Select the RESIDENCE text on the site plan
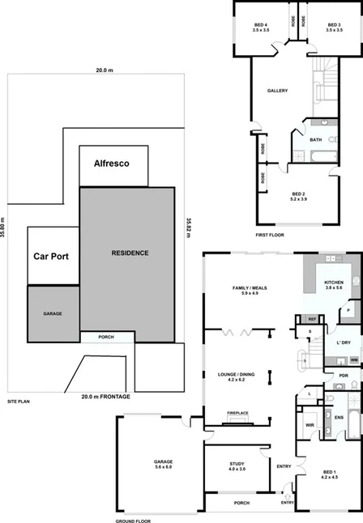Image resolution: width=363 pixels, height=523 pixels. click(130, 253)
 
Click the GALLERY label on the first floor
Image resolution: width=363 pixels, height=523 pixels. click(278, 91)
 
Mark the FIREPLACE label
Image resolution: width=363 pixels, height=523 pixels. click(237, 414)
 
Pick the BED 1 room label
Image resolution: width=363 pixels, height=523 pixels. click(330, 474)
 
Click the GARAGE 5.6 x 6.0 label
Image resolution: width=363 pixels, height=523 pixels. click(164, 465)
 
